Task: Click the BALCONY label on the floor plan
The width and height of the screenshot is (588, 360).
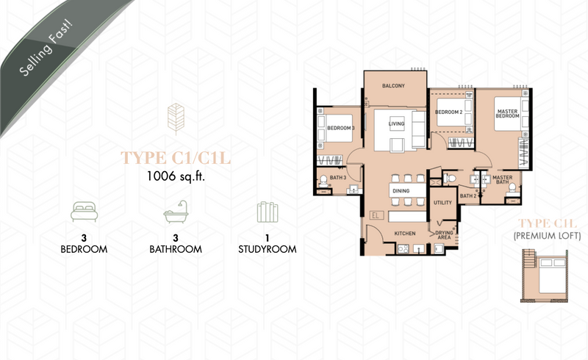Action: tap(393, 86)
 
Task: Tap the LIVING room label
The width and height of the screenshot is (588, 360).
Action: tap(396, 123)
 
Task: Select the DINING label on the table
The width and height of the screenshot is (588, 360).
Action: tap(401, 191)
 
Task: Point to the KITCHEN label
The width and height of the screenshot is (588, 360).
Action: tap(405, 233)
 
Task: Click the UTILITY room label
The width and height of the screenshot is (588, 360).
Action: tap(443, 203)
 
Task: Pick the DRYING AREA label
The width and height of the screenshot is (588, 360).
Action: tap(444, 235)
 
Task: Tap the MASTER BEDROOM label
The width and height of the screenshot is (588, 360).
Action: tap(507, 114)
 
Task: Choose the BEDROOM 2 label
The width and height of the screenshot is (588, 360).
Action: tap(448, 112)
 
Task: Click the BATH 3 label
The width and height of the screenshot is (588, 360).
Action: tap(338, 177)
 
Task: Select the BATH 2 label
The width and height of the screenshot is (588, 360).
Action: tap(468, 195)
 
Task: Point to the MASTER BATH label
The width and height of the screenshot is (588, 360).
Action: tap(503, 179)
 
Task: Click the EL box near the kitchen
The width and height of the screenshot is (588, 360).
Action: tap(376, 215)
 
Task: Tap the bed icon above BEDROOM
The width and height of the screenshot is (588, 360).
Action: tap(84, 212)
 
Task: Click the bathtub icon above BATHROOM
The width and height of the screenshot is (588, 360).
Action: tap(176, 212)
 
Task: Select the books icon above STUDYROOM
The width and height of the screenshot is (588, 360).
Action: tap(268, 212)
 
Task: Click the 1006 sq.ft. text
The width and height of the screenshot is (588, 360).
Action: tap(176, 176)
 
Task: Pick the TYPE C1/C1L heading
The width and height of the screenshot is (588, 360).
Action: tap(176, 158)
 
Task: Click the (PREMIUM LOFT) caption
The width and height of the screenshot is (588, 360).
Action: tap(547, 236)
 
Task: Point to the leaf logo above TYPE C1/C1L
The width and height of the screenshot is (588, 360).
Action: tap(176, 119)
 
